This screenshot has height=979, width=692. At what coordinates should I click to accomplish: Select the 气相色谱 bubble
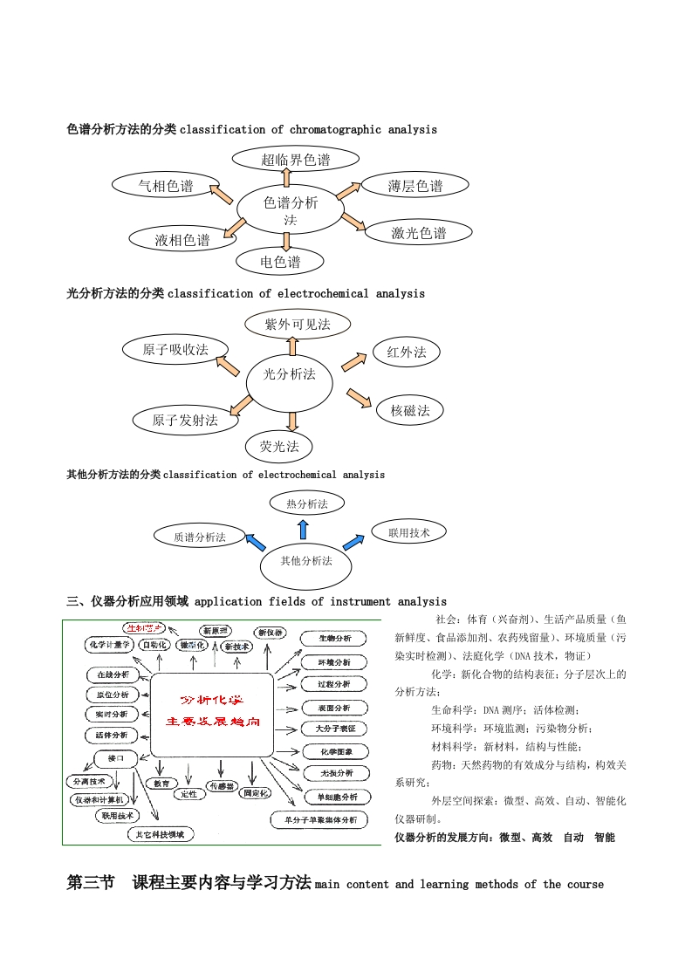166,185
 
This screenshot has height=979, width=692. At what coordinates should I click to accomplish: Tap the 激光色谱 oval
419,232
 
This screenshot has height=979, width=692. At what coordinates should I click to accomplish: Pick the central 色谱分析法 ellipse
291,209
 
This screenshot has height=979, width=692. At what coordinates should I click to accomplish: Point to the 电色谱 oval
280,261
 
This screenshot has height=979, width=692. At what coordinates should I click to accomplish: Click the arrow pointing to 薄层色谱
348,190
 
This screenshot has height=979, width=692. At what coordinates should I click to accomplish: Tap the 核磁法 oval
410,410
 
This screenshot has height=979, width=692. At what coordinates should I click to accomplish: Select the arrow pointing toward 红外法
353,360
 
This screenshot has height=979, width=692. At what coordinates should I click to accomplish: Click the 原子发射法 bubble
184,420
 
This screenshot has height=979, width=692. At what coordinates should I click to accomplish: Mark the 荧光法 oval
279,447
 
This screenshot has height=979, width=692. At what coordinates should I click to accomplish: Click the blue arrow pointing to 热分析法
303,529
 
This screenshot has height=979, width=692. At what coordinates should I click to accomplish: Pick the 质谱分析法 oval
199,537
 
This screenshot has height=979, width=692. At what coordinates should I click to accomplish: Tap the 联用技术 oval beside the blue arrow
408,531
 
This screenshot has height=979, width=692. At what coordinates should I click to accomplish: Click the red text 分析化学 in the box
212,700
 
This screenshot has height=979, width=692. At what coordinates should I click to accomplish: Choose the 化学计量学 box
108,645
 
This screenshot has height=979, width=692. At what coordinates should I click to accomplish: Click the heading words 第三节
91,883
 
